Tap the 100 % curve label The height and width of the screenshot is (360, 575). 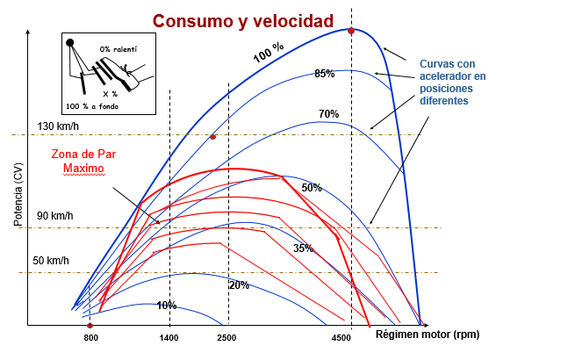(269, 53)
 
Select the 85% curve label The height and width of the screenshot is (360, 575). (325, 74)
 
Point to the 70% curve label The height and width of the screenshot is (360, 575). (328, 114)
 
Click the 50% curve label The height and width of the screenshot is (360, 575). (312, 188)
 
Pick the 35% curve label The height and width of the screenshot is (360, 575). (303, 248)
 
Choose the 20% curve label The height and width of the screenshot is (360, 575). (239, 285)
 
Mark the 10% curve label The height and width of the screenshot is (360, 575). (167, 306)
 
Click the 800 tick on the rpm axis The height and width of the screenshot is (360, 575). (90, 338)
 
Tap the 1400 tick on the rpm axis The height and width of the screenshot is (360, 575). (169, 338)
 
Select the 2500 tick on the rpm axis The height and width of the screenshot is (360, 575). (226, 338)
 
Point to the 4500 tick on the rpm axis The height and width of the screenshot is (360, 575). (341, 338)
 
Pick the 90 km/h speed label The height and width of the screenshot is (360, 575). (55, 216)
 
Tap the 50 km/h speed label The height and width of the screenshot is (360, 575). (51, 261)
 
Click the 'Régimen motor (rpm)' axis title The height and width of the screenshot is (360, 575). (428, 335)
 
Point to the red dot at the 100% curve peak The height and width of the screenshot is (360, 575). (351, 31)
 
